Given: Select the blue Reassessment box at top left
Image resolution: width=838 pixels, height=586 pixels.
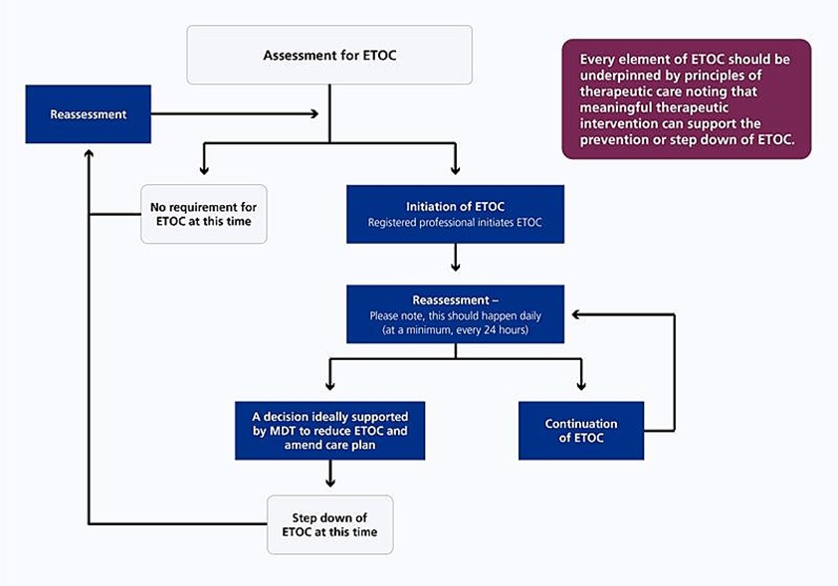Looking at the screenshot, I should (x=89, y=114).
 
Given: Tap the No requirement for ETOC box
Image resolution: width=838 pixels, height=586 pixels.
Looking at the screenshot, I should (x=203, y=214).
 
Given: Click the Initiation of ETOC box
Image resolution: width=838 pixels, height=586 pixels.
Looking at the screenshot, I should (x=455, y=214).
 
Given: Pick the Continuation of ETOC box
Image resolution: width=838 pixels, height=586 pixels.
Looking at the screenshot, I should (x=580, y=431).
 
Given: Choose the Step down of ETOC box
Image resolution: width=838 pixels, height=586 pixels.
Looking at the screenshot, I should (x=329, y=524).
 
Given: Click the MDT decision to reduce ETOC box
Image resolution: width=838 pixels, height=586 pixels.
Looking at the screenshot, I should (x=329, y=431).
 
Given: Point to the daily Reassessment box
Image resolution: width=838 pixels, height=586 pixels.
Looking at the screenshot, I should (x=455, y=314).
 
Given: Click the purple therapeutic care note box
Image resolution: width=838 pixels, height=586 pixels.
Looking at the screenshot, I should (x=686, y=99).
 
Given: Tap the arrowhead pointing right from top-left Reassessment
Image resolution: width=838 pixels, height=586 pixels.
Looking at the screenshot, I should (x=314, y=114).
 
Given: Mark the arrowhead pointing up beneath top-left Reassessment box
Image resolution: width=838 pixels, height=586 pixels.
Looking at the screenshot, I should (x=89, y=154).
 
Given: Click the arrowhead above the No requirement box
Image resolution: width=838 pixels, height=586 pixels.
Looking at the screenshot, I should (x=203, y=171).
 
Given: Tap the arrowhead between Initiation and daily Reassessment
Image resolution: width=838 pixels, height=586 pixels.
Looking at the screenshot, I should (x=455, y=266).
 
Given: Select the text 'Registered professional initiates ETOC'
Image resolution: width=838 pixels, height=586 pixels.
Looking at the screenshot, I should (x=455, y=223).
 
